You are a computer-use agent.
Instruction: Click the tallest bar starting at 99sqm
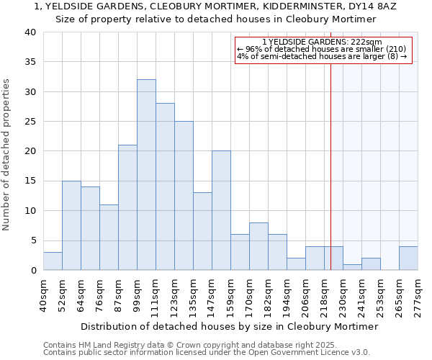point(146,175)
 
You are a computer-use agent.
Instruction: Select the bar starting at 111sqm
point(165,186)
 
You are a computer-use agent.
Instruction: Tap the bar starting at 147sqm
point(221,210)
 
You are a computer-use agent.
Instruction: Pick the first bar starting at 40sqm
point(53,261)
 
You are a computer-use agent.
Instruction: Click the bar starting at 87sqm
point(127,207)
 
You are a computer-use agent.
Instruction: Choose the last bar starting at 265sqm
point(408,258)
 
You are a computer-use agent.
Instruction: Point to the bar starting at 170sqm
point(258,246)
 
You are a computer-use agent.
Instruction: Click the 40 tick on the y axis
point(30,32)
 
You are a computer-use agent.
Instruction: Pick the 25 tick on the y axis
point(30,122)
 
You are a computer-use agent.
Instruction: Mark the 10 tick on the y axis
point(30,211)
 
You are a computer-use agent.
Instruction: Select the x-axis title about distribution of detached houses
point(229,326)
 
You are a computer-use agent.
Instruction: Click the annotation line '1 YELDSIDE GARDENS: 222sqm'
point(323,42)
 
